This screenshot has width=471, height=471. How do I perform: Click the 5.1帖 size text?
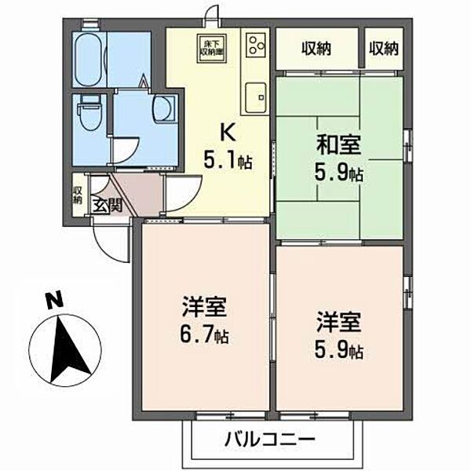(x=228, y=162)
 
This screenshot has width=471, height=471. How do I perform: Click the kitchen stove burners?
(x=257, y=46)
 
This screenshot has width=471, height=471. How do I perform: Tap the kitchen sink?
(x=256, y=98)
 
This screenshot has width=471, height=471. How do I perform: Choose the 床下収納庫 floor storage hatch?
(x=210, y=48)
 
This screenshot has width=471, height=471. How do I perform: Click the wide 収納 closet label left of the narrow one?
(x=316, y=49)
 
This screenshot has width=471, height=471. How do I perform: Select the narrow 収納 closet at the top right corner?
(x=384, y=49)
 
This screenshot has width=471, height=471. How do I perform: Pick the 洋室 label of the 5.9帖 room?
(x=333, y=322)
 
